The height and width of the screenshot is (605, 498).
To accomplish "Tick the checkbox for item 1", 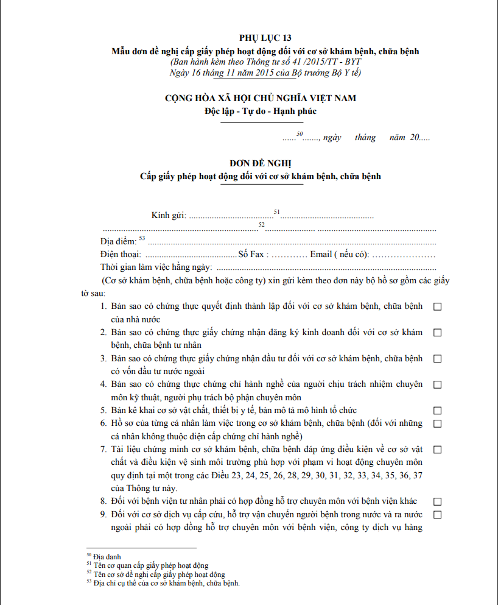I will click(437, 307).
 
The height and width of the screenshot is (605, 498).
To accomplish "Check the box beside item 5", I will click(437, 411).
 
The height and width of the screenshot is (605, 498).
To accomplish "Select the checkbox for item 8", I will click(437, 501).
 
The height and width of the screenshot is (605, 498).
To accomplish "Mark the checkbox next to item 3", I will click(437, 359).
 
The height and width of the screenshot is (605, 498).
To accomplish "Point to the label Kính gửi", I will click(168, 216).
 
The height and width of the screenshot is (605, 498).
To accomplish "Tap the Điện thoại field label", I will click(121, 254).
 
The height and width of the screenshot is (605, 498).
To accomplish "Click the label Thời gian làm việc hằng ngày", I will click(156, 267).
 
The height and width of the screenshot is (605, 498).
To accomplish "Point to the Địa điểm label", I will click(119, 241).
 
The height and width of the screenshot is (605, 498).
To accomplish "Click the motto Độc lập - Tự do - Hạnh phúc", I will click(261, 111).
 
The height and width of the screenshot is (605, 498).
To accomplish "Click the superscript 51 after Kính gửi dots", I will click(276, 211).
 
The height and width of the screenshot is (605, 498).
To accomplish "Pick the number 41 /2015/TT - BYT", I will click(324, 62).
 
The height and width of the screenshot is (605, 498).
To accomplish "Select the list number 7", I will click(103, 450).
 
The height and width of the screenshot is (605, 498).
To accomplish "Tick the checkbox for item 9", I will click(437, 515).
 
